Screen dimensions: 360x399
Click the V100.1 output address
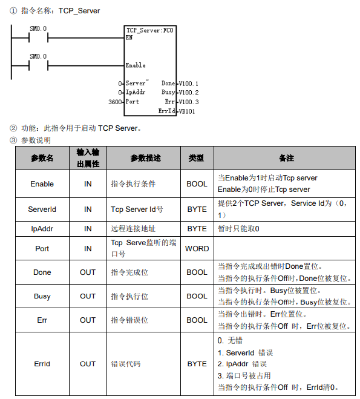[x=188, y=84]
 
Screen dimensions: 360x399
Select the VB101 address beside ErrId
[x=187, y=111]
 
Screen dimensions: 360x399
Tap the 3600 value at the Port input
[x=115, y=102]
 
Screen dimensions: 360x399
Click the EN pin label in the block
[x=129, y=38]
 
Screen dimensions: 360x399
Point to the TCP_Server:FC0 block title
[x=149, y=30]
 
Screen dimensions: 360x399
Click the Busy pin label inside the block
[x=168, y=92]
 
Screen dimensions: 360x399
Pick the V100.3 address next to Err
[x=189, y=102]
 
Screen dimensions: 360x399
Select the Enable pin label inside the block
[x=136, y=65]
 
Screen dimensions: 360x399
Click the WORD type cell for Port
[x=197, y=249]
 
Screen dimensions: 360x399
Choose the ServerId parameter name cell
[x=42, y=209]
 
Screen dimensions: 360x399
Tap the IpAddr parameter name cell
[x=42, y=229]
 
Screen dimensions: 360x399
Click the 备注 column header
[x=286, y=158]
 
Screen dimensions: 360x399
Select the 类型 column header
[x=196, y=158]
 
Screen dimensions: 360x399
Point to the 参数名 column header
[x=42, y=158]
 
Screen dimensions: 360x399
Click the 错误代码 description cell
[x=126, y=364]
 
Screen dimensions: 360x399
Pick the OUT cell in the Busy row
[x=88, y=296]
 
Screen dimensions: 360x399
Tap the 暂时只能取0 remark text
[x=238, y=229]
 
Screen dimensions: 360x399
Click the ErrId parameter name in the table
[x=42, y=364]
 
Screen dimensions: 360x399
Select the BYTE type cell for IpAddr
[x=197, y=229]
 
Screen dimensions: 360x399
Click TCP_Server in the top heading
[x=79, y=11]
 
